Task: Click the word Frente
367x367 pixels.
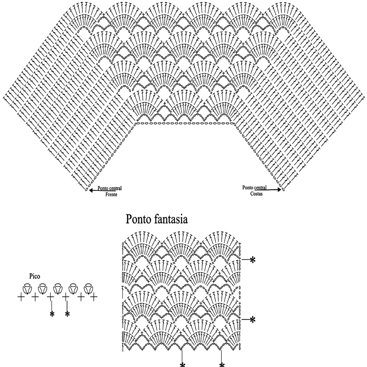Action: point(111,194)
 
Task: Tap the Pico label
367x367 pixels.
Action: point(35,276)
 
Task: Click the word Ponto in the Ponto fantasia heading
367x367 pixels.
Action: point(138,220)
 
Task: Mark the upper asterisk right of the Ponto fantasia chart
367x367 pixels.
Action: point(253,260)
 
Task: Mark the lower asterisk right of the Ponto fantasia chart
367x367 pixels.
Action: point(253,320)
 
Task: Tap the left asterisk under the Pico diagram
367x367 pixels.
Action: point(52,314)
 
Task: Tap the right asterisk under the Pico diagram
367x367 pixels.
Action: point(67,314)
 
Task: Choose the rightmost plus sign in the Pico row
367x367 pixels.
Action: point(94,296)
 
